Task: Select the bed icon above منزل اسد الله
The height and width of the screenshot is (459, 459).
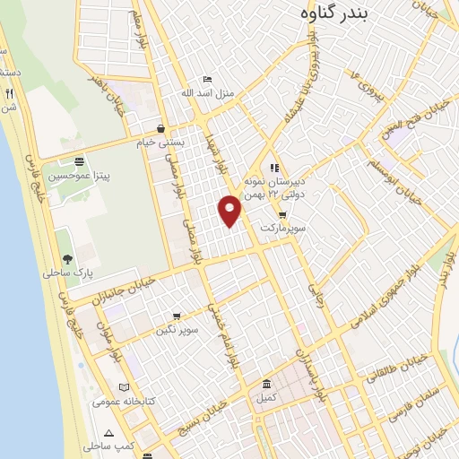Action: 208,79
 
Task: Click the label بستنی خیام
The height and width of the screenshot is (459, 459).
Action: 165,142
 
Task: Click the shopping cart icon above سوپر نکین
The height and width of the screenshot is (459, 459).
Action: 176,316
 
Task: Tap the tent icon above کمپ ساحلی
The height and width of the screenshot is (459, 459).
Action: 108,432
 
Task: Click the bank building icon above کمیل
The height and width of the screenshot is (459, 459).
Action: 264,383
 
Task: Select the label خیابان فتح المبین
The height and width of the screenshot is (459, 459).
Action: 427,119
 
